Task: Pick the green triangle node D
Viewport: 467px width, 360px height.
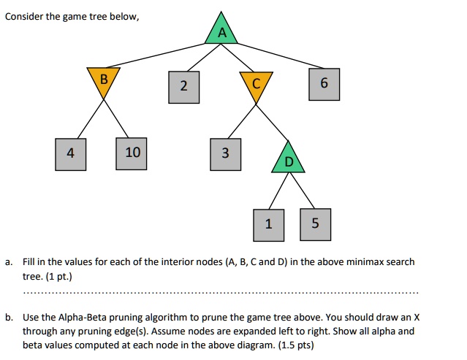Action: pos(288,160)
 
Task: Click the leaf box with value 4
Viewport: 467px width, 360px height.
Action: pos(71,154)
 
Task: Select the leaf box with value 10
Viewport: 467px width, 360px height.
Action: pos(132,153)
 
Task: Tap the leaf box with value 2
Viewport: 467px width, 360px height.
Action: pos(183,87)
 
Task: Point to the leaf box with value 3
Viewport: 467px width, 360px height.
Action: pos(225,154)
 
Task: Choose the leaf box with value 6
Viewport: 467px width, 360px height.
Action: pos(324,84)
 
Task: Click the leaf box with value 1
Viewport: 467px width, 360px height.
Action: pos(269,225)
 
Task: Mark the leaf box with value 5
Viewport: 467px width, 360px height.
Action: pos(316,224)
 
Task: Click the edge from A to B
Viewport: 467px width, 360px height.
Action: pos(156,55)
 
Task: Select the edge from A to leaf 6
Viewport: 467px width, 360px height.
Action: pos(280,56)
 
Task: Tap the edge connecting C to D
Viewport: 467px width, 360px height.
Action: pos(272,123)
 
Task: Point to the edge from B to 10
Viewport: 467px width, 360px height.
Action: pos(116,118)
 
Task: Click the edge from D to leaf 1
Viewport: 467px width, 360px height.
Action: pos(278,191)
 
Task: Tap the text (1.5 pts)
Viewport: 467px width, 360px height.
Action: pos(296,345)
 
